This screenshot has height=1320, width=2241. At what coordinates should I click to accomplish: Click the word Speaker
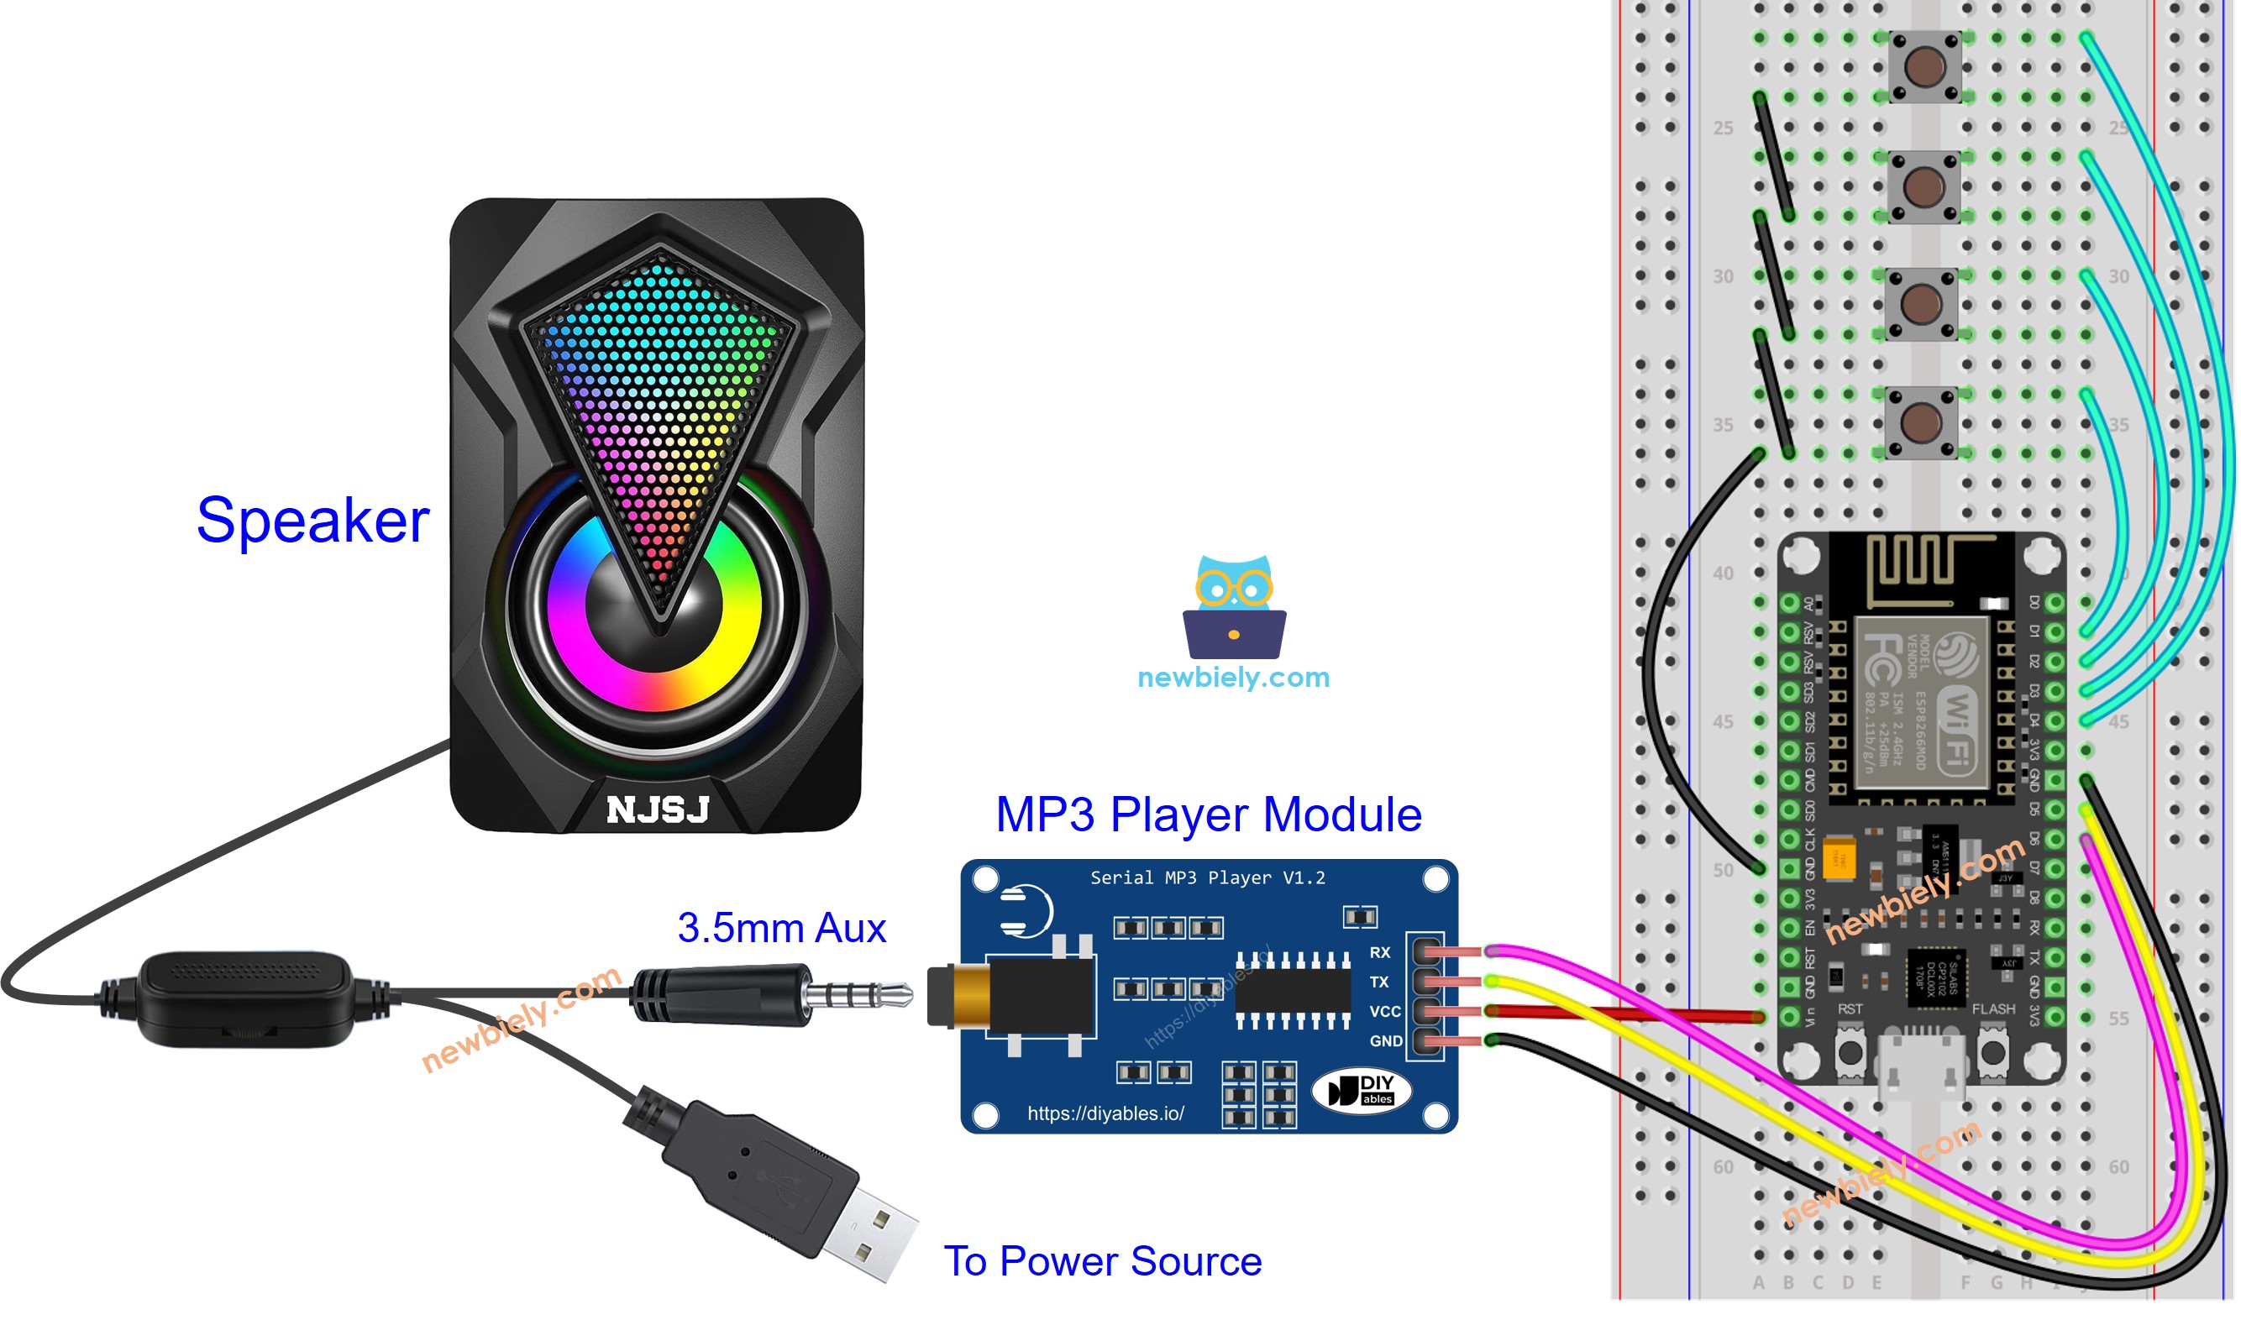pyautogui.click(x=312, y=521)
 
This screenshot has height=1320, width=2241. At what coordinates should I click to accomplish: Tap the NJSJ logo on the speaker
pyautogui.click(x=658, y=810)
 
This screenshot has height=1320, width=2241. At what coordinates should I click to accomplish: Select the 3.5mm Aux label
pyautogui.click(x=781, y=928)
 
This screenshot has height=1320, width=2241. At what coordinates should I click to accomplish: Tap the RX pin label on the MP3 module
pyautogui.click(x=1379, y=953)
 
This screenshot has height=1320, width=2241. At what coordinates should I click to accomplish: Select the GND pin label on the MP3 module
pyautogui.click(x=1385, y=1040)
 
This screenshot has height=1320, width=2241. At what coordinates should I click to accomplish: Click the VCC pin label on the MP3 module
pyautogui.click(x=1384, y=1011)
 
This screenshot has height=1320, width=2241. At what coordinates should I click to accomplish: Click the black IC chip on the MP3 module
pyautogui.click(x=1293, y=989)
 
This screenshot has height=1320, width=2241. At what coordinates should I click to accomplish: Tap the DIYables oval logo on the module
pyautogui.click(x=1362, y=1091)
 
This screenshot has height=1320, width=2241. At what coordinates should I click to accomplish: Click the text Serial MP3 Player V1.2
pyautogui.click(x=1207, y=878)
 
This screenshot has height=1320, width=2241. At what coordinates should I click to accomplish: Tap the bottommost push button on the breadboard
pyautogui.click(x=1921, y=422)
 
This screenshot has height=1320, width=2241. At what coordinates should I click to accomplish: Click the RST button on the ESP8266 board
pyautogui.click(x=1850, y=1052)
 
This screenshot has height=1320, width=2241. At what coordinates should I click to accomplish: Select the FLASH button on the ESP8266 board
pyautogui.click(x=1992, y=1052)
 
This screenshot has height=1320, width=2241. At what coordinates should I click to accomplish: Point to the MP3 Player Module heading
pyautogui.click(x=1208, y=815)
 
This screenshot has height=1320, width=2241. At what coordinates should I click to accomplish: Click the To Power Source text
pyautogui.click(x=1102, y=1261)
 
